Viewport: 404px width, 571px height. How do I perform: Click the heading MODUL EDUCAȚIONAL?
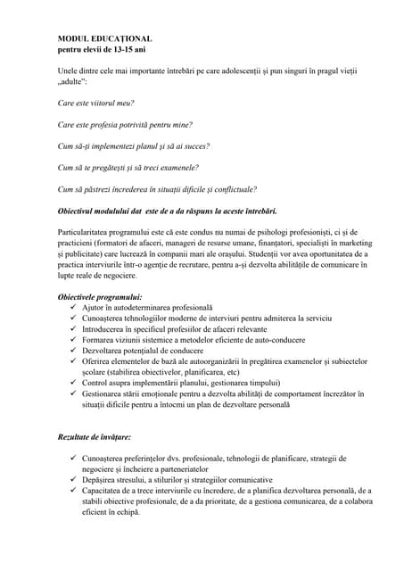pos(104,40)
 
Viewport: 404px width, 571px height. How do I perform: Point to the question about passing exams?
pos(128,167)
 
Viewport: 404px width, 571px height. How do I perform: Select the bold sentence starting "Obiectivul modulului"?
pos(167,211)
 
